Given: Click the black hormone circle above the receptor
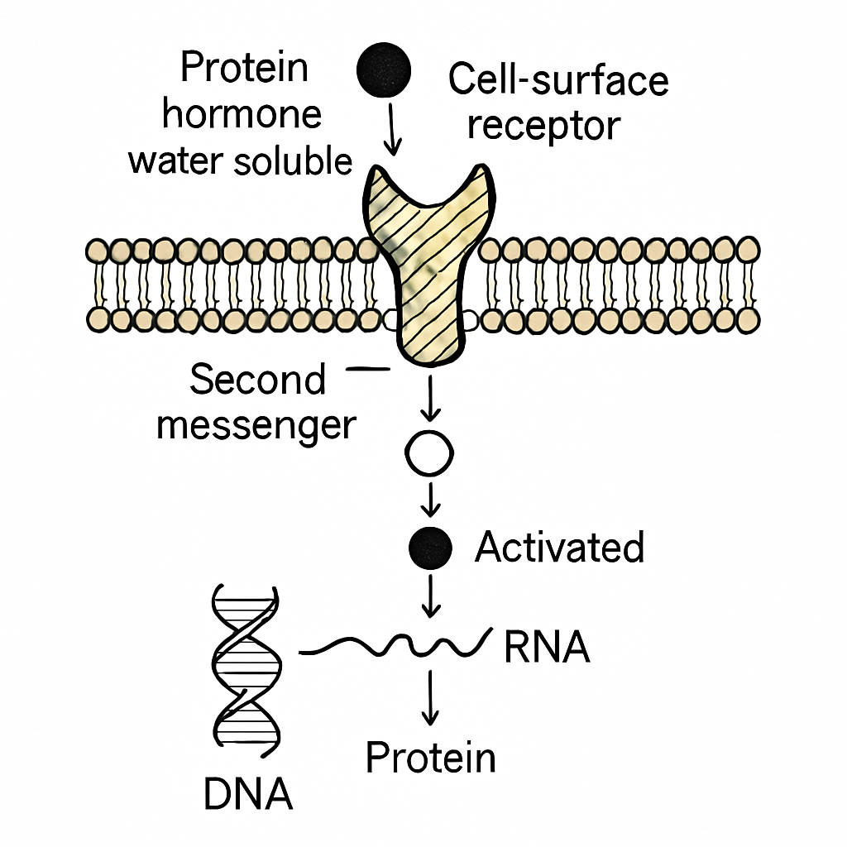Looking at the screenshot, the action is tap(384, 70).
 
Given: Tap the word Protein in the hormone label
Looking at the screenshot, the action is tap(244, 67).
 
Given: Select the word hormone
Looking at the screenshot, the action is tap(242, 114).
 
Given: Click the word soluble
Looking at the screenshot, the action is tap(293, 160).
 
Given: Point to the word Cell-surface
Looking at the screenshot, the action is tap(558, 79).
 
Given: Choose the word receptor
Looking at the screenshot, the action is tap(544, 127).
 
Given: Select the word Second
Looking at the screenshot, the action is tap(258, 379).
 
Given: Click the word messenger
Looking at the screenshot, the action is tap(256, 427).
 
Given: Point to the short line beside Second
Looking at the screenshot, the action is tap(367, 370).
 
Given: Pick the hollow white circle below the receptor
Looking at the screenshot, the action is tap(429, 452).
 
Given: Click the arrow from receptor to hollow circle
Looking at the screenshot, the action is tap(430, 398).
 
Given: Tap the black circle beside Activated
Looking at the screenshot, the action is tap(430, 548).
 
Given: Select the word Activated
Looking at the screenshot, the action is tap(560, 547).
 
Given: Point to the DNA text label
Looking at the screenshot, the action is tap(248, 793).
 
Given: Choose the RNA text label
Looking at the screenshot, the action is tap(547, 647).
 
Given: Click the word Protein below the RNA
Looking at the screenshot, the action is tap(430, 758).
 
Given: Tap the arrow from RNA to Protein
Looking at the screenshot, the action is tap(430, 697).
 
